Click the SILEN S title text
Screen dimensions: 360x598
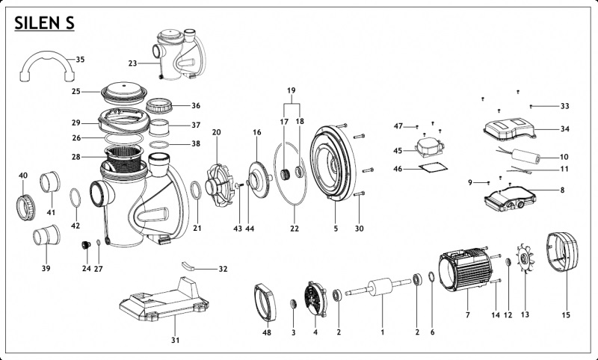click(x=44, y=23)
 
